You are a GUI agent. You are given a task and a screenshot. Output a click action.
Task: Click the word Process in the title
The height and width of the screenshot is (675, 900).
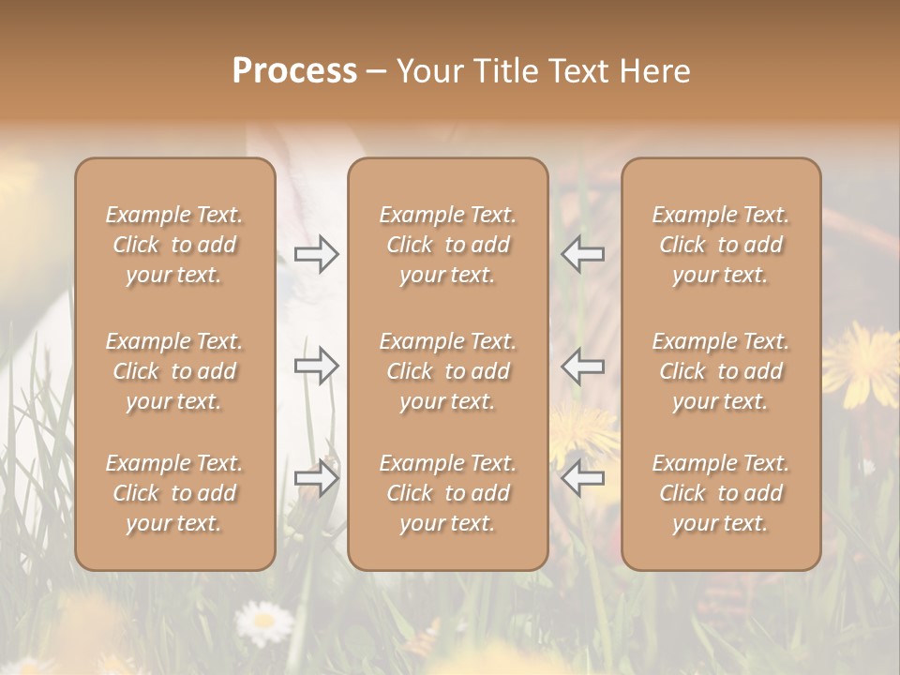[x=294, y=70]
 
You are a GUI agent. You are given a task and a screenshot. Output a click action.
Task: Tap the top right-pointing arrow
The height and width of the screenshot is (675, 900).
[x=317, y=254]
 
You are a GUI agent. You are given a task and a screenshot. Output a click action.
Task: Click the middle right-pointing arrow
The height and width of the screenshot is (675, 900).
[x=317, y=366]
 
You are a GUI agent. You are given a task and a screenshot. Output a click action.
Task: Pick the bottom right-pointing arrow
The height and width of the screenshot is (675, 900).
[x=317, y=478]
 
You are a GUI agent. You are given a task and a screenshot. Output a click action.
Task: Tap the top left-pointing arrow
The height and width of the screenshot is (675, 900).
[x=582, y=254]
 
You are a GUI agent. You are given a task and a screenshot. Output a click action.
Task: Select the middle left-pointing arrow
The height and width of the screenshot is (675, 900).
[x=582, y=366]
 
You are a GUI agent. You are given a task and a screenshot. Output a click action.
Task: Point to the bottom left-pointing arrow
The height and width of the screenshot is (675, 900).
[x=582, y=478]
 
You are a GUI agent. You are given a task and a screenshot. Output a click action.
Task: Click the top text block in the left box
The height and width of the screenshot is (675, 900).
[x=174, y=245]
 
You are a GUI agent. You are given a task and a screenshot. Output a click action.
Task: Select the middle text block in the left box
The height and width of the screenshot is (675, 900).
[x=174, y=371]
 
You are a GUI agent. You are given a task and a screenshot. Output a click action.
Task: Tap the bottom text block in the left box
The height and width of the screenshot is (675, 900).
[x=174, y=493]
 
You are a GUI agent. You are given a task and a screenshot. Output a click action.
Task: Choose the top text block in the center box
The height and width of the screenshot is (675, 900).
[x=448, y=245]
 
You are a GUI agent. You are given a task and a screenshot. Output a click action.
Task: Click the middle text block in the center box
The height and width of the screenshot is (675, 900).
[x=448, y=371]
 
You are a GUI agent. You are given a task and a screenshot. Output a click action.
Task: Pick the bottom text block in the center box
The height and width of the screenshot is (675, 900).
[x=448, y=493]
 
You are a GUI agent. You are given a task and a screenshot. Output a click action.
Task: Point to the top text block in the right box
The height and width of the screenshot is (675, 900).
[x=721, y=245]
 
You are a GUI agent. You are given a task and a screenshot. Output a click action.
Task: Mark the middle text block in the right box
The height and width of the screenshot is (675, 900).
[x=721, y=371]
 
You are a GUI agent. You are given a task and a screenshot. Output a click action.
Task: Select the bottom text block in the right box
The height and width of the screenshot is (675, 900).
[x=721, y=493]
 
